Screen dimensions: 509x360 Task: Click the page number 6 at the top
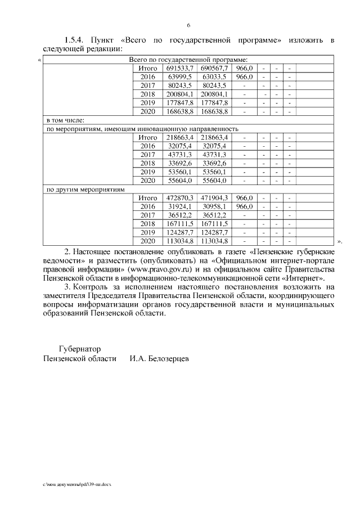[x=188, y=25]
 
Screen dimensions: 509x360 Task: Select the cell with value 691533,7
[x=180, y=68]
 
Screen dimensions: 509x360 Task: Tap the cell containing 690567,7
[x=214, y=68]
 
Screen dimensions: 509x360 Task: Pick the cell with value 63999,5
[x=180, y=76]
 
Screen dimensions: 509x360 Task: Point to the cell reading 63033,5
[x=214, y=76]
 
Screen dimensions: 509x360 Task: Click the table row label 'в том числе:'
[x=65, y=120]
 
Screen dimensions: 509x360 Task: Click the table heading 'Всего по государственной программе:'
[x=188, y=60]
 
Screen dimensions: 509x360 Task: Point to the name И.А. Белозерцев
[x=159, y=358]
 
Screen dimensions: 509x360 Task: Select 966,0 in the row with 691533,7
[x=244, y=68]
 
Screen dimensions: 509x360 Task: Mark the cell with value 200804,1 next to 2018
[x=180, y=94]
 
